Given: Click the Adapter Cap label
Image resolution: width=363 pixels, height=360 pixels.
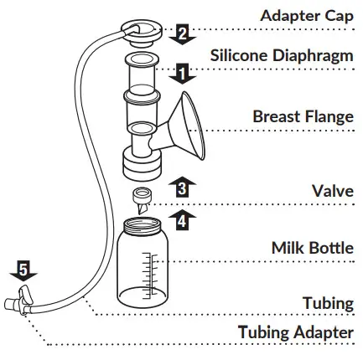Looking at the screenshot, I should tap(307, 16).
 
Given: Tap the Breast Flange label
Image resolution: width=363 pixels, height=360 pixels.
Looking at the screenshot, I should tap(303, 116).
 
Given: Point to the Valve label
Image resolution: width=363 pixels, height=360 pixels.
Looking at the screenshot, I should tap(334, 190).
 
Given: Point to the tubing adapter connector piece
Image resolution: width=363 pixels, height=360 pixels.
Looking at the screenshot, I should tap(20, 300).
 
